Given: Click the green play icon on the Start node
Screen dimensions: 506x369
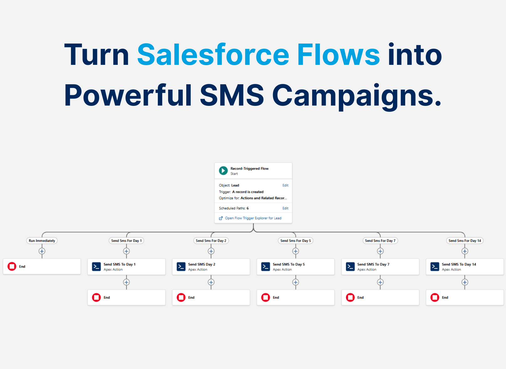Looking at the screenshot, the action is (x=223, y=171).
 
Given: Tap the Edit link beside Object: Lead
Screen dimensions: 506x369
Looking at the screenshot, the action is (x=285, y=185).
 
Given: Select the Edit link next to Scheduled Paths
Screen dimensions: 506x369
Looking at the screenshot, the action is (x=285, y=208).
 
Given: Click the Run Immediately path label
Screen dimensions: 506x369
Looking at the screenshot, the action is (x=42, y=241).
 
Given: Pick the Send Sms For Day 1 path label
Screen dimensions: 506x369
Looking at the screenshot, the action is (x=126, y=241).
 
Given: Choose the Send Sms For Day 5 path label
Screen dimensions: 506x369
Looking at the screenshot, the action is (x=296, y=241).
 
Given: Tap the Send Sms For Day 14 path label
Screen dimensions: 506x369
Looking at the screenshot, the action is (x=465, y=241).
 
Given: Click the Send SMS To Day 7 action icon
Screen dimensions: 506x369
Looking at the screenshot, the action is (x=350, y=267).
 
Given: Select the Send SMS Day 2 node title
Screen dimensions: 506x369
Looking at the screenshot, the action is (x=202, y=264).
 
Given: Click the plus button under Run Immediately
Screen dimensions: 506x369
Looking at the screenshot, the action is (x=42, y=251).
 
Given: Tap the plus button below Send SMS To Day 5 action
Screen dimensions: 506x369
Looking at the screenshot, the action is (x=296, y=282).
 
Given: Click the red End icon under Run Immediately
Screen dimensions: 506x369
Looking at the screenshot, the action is (x=12, y=266).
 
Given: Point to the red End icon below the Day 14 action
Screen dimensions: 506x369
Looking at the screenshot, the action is (x=435, y=297).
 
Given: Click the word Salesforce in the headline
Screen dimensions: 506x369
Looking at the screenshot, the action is (x=213, y=55).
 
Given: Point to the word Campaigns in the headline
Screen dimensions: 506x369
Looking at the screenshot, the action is (x=357, y=96).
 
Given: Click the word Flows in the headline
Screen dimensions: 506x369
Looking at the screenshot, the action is (x=338, y=55).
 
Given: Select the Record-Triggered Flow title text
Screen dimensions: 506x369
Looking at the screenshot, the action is (x=249, y=169).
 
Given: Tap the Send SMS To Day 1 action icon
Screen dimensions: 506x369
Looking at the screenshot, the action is (x=96, y=267).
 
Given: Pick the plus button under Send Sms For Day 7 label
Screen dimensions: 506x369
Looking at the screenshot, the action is (x=380, y=251).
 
